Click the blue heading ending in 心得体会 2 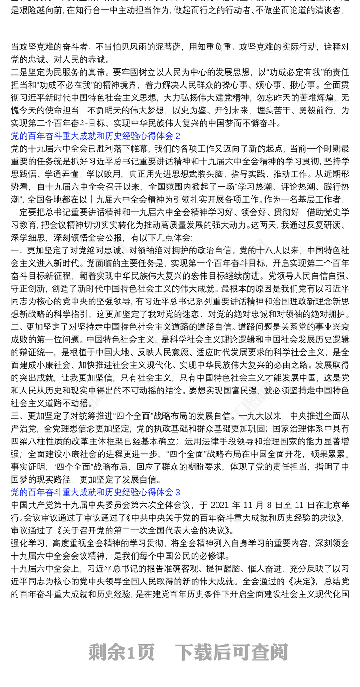tap(95, 136)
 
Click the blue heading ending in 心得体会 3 tap(95, 492)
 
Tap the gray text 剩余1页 tap(121, 651)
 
